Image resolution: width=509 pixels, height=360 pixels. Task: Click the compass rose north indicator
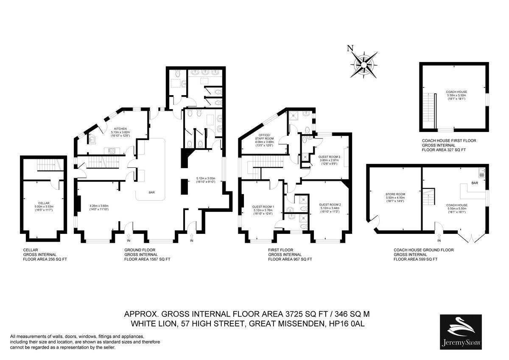pos(350,48)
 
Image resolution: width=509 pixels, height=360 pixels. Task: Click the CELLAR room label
pos(41,203)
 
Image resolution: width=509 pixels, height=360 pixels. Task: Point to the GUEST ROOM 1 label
pos(263,207)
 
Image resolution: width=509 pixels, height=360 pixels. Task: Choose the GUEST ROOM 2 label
pos(330,205)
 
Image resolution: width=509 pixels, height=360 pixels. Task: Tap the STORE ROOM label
pos(394,196)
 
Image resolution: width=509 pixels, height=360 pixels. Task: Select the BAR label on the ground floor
pos(151,192)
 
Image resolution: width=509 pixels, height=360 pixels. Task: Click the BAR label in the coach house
pos(475,183)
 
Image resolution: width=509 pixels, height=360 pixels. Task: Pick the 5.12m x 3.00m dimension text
pos(206,178)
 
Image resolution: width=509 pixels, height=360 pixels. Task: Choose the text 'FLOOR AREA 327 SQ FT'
pos(443,150)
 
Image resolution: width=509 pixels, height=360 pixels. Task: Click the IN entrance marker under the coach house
pos(439,241)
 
